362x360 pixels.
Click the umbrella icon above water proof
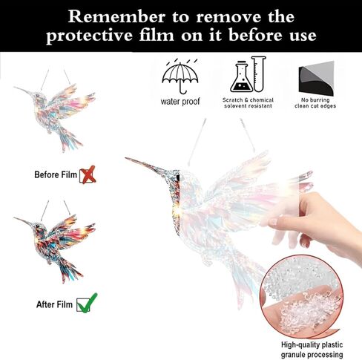click(180, 76)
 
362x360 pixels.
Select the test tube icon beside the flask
click(259, 73)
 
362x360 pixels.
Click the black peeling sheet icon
click(316, 79)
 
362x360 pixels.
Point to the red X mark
click(88, 174)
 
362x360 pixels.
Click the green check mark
click(88, 303)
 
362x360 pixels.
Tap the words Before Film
click(56, 174)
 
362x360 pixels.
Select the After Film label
click(54, 304)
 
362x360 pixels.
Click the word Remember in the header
click(116, 17)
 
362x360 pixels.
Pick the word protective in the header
click(89, 36)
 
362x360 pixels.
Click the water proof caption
click(180, 102)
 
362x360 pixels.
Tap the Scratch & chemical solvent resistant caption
click(248, 103)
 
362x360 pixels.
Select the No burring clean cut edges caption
click(315, 103)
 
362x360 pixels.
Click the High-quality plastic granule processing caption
click(312, 350)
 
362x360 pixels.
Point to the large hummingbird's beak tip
click(125, 158)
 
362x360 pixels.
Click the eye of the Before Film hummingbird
click(38, 95)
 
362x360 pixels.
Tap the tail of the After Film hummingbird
click(70, 269)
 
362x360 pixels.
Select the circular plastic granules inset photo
click(301, 296)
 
